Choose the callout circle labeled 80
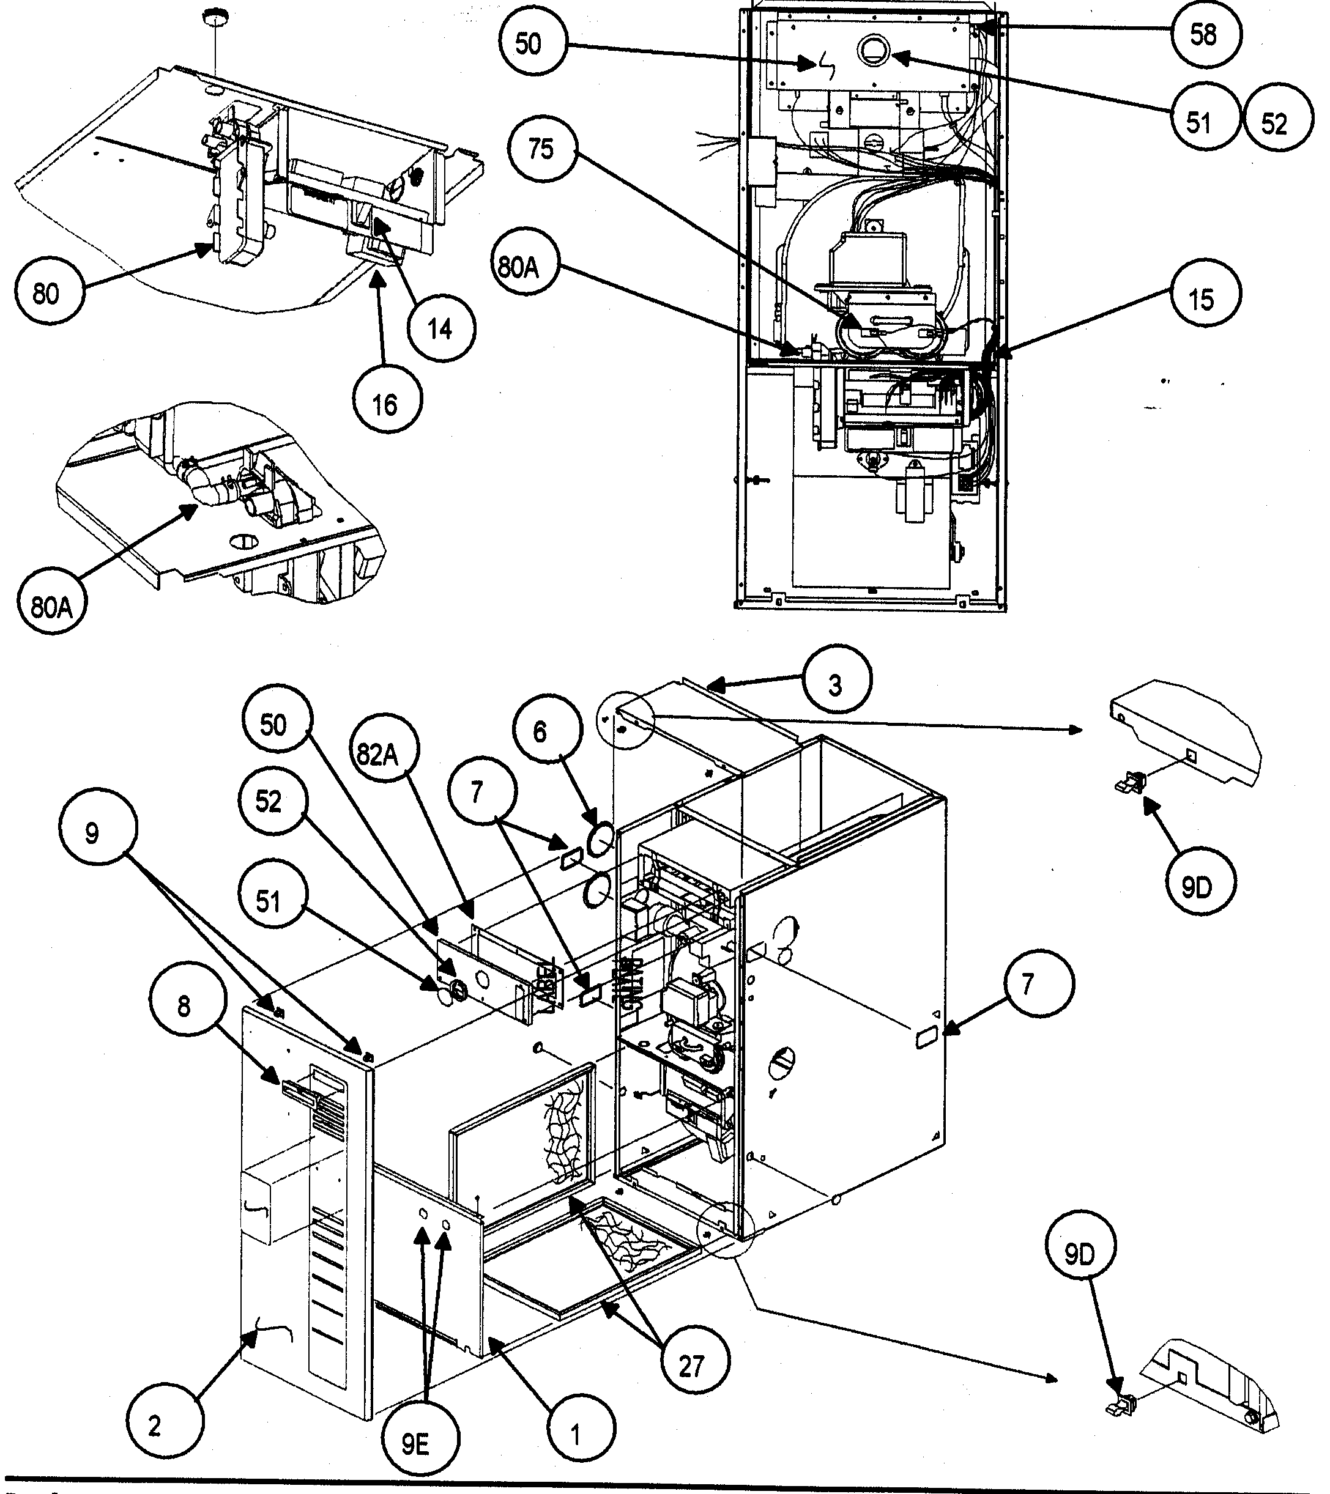point(46,293)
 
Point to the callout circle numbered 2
point(154,1426)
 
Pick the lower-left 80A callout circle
point(51,605)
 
